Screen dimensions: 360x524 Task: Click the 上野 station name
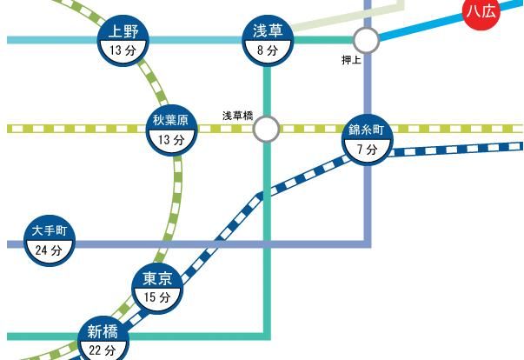(x=124, y=33)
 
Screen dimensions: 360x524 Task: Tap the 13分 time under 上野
(x=124, y=51)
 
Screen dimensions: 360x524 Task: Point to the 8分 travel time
(x=268, y=51)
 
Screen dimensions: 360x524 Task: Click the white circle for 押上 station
(x=366, y=40)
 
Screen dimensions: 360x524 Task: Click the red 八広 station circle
(x=482, y=10)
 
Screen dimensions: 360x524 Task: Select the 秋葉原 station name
(x=171, y=121)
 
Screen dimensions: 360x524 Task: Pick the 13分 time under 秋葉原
(x=171, y=139)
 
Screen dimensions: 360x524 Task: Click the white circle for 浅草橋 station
(x=266, y=129)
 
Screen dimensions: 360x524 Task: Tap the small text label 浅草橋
(x=235, y=115)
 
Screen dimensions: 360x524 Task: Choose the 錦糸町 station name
(x=367, y=130)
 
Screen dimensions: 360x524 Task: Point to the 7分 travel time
(x=367, y=150)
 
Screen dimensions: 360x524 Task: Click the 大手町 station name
(x=50, y=231)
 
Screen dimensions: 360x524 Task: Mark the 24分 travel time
(x=50, y=250)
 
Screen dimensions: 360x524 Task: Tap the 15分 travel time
(x=157, y=298)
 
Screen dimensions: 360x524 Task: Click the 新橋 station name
(x=103, y=332)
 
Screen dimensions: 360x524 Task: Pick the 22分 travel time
(x=103, y=350)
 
